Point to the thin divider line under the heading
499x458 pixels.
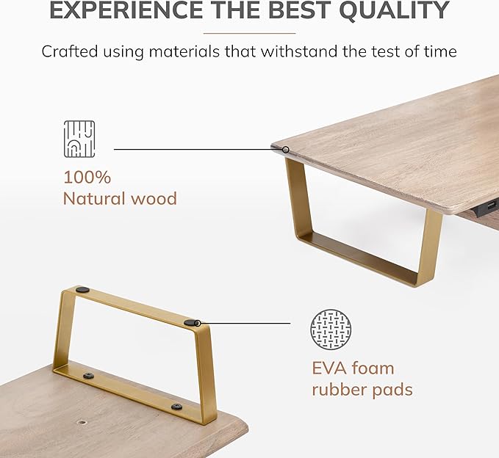tap(250, 33)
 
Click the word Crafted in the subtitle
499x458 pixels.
tap(69, 51)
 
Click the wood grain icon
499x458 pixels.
tap(79, 139)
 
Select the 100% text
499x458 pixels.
tap(87, 177)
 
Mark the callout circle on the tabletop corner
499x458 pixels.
tap(286, 150)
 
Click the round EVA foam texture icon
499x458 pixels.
tap(331, 330)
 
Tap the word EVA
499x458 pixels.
tap(329, 368)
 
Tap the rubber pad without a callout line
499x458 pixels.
tap(82, 289)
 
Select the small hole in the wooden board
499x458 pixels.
tap(83, 423)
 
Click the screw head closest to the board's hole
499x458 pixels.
tap(89, 377)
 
